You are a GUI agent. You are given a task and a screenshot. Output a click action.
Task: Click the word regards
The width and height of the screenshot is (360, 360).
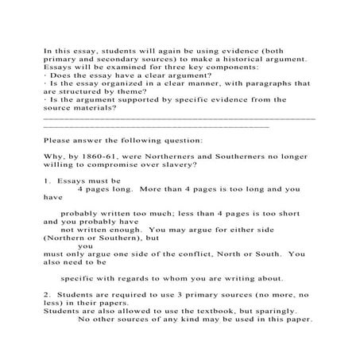pyautogui.click(x=142, y=278)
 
